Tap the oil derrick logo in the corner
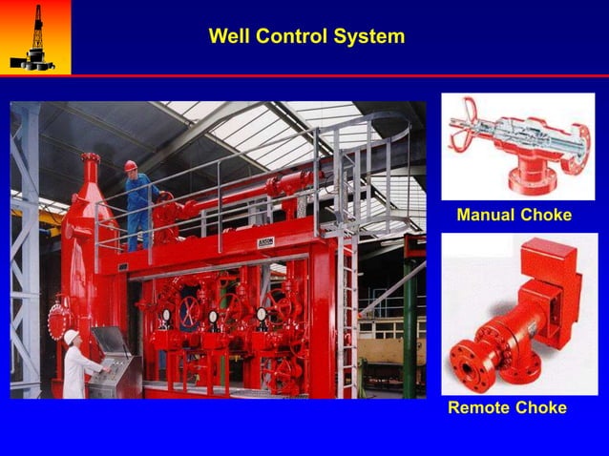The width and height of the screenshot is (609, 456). point(34,36)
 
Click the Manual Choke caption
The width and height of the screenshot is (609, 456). point(514,215)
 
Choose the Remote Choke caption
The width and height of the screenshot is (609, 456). point(507,408)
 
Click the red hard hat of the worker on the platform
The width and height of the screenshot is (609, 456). point(130,166)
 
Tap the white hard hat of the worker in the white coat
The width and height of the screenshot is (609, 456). point(72,336)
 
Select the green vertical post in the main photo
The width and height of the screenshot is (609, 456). point(409,324)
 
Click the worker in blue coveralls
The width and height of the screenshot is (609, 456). point(138,205)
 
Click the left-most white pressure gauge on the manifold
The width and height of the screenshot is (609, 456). point(166,314)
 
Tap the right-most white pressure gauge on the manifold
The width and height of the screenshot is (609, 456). point(261,314)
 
